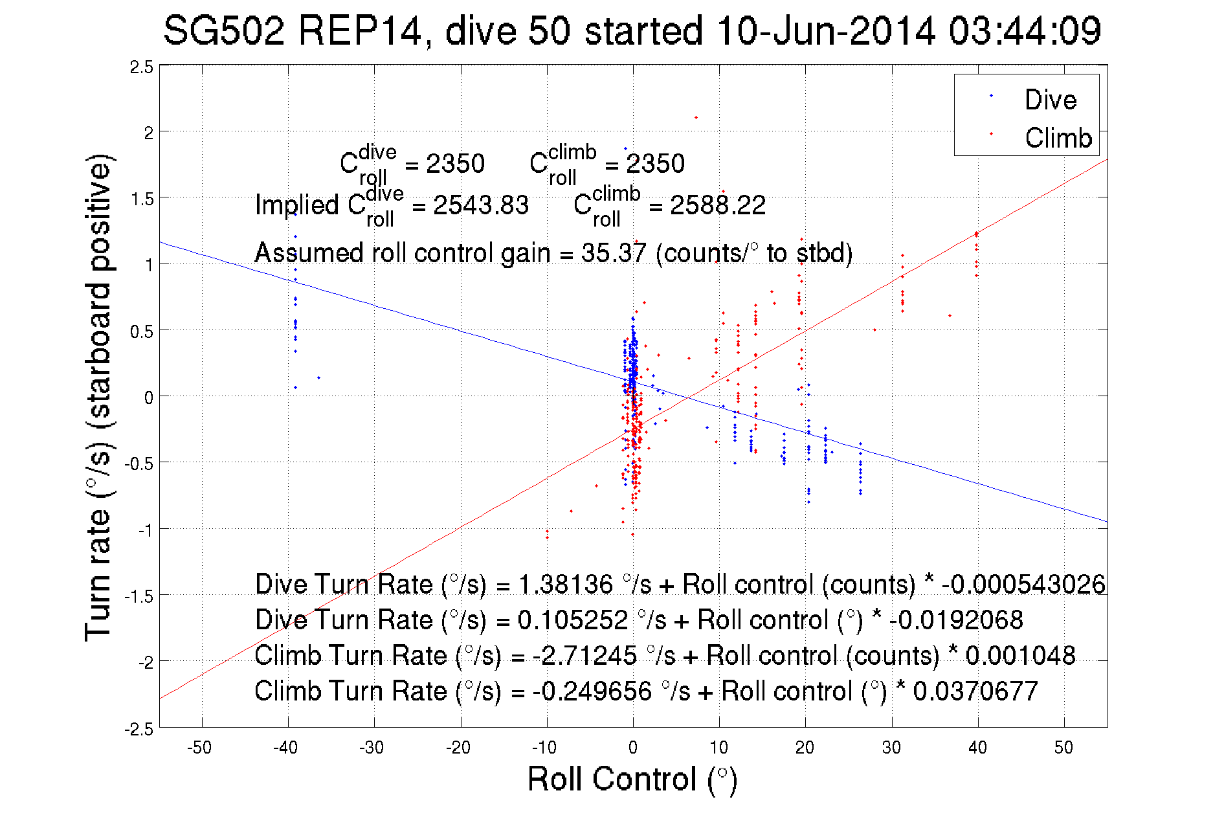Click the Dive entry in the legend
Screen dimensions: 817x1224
[1050, 100]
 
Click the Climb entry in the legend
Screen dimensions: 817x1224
[1058, 138]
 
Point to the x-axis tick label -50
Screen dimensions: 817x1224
[199, 748]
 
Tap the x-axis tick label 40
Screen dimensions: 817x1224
[977, 748]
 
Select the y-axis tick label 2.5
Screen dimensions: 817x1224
[142, 67]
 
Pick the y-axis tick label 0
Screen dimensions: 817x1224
[148, 397]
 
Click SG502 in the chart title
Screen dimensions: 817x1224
[223, 30]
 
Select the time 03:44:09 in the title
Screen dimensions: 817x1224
[1025, 30]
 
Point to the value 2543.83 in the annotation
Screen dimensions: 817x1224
[481, 206]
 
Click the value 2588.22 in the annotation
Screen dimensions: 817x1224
[718, 206]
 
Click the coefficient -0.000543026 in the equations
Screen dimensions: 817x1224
[1023, 584]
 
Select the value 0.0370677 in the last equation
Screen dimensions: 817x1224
[975, 691]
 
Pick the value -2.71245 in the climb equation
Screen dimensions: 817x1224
[584, 655]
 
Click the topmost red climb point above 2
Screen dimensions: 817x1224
[696, 117]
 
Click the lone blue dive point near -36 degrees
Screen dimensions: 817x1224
[318, 377]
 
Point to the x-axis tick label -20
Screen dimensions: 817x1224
[458, 748]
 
